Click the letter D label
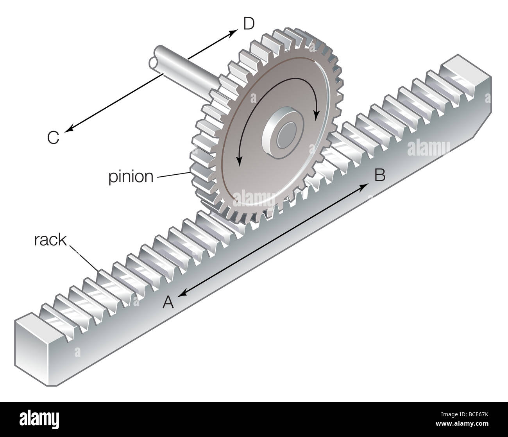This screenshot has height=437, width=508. pos(249,24)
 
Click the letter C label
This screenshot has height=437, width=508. pos(53,138)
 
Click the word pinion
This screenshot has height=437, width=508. pos(131,177)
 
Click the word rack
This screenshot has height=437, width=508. pos(50,240)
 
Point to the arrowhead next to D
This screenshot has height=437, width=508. pos(234,32)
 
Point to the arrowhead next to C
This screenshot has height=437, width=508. pos(69,130)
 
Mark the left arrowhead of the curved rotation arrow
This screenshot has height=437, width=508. pos(239,162)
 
